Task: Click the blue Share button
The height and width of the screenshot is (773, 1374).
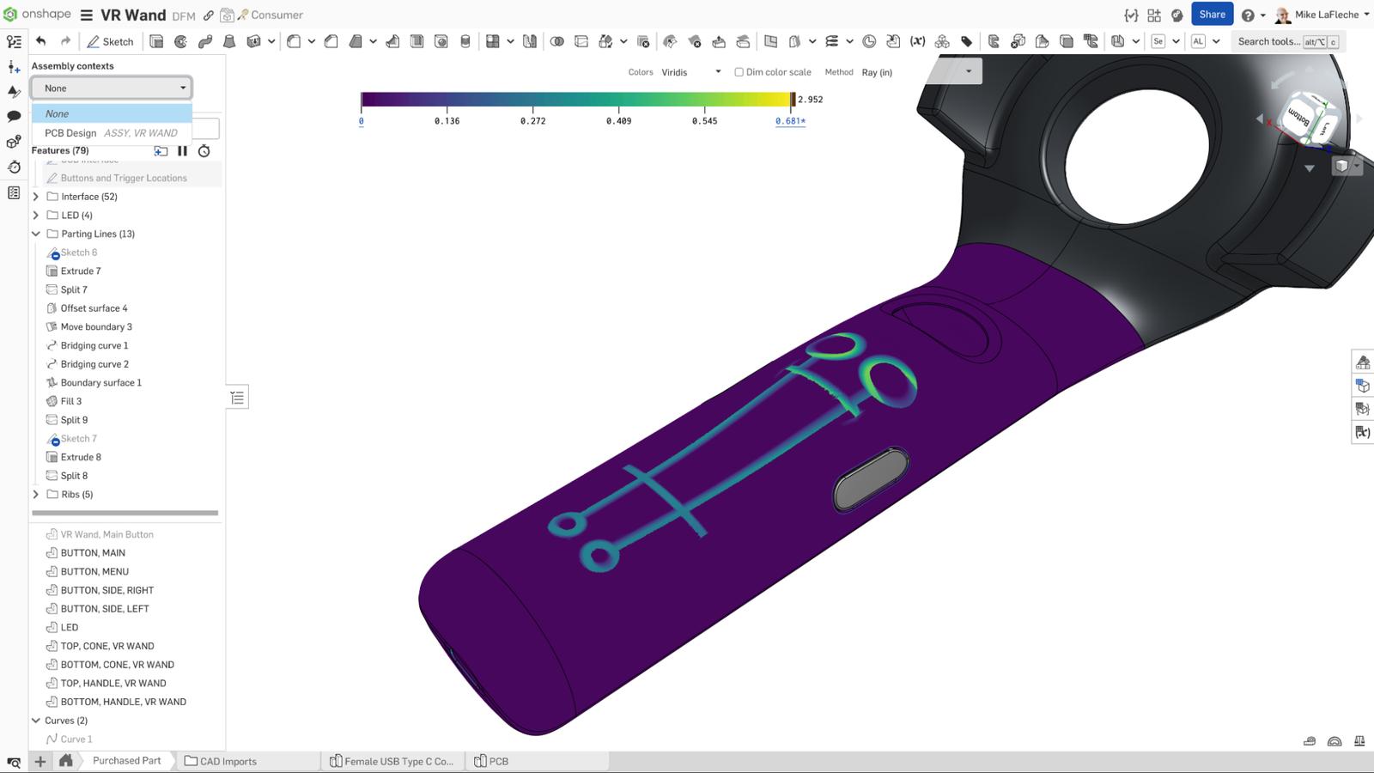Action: [1212, 15]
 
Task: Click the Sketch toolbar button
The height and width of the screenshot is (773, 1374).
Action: [110, 41]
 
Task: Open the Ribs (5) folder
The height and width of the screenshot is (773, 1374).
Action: [36, 495]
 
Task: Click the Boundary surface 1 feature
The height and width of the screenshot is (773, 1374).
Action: [100, 383]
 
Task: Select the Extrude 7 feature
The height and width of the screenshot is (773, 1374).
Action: [81, 271]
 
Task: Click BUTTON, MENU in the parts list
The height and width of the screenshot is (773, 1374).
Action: [94, 572]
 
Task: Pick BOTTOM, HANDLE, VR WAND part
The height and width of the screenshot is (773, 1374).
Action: [123, 702]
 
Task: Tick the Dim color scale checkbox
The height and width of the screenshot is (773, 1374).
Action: [739, 72]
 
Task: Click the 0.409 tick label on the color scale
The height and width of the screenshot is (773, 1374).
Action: [618, 121]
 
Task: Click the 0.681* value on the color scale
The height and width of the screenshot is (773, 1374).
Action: [790, 121]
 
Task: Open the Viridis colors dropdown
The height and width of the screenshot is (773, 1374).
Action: [690, 72]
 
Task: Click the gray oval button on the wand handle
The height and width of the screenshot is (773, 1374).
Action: [871, 479]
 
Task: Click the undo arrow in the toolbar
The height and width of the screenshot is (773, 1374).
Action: [40, 41]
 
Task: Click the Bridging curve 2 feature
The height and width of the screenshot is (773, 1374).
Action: [94, 364]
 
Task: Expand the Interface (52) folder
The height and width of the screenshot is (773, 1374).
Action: [36, 197]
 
